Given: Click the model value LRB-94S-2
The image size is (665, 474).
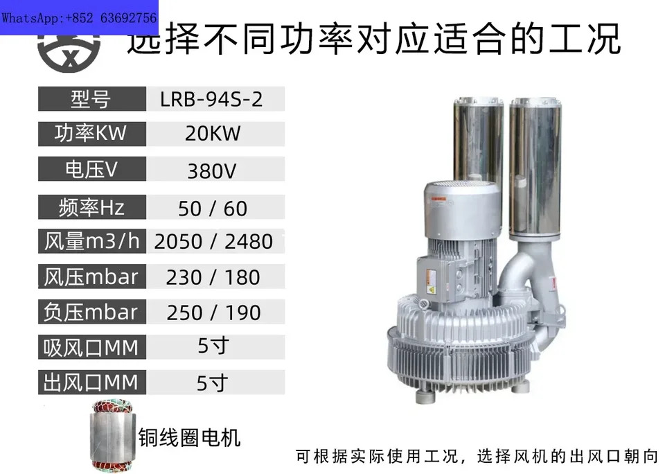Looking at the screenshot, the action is pos(211,99).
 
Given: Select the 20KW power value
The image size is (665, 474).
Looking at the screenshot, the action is pos(213,134).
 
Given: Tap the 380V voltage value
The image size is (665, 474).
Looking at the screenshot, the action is pos(212,170).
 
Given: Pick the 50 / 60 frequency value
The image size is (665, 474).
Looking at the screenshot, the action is pos(213,209).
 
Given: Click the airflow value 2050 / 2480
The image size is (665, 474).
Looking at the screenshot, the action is pos(213,241).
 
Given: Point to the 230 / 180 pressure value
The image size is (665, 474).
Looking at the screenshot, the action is pos(213,277).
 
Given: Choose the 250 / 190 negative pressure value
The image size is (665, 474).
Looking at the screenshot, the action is pos(213,313).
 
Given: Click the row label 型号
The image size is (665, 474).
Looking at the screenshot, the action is pos(91,99).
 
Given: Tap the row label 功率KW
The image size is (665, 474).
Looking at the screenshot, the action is pos(90,133).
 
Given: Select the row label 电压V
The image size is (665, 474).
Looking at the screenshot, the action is pos(91,169).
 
